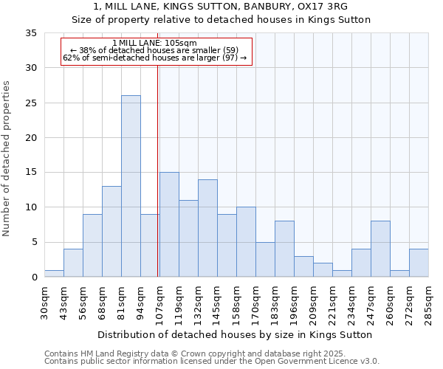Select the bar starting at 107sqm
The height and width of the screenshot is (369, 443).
pyautogui.click(x=169, y=224)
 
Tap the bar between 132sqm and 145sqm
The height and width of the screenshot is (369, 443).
pyautogui.click(x=207, y=228)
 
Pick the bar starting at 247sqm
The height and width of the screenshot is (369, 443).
pyautogui.click(x=380, y=249)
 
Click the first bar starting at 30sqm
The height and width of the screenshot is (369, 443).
pyautogui.click(x=54, y=273)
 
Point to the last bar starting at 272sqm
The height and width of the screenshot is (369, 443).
pyautogui.click(x=419, y=263)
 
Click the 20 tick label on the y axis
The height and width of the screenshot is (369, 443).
pyautogui.click(x=31, y=138)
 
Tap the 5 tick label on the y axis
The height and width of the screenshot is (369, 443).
pyautogui.click(x=34, y=242)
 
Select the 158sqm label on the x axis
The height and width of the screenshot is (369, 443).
pyautogui.click(x=237, y=303)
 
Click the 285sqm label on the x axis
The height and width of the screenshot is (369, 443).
pyautogui.click(x=429, y=303)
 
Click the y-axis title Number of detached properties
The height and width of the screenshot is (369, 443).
pyautogui.click(x=7, y=159)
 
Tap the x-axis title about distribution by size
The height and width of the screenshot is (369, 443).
pyautogui.click(x=234, y=334)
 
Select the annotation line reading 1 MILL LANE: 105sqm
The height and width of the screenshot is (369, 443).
pyautogui.click(x=154, y=43)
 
